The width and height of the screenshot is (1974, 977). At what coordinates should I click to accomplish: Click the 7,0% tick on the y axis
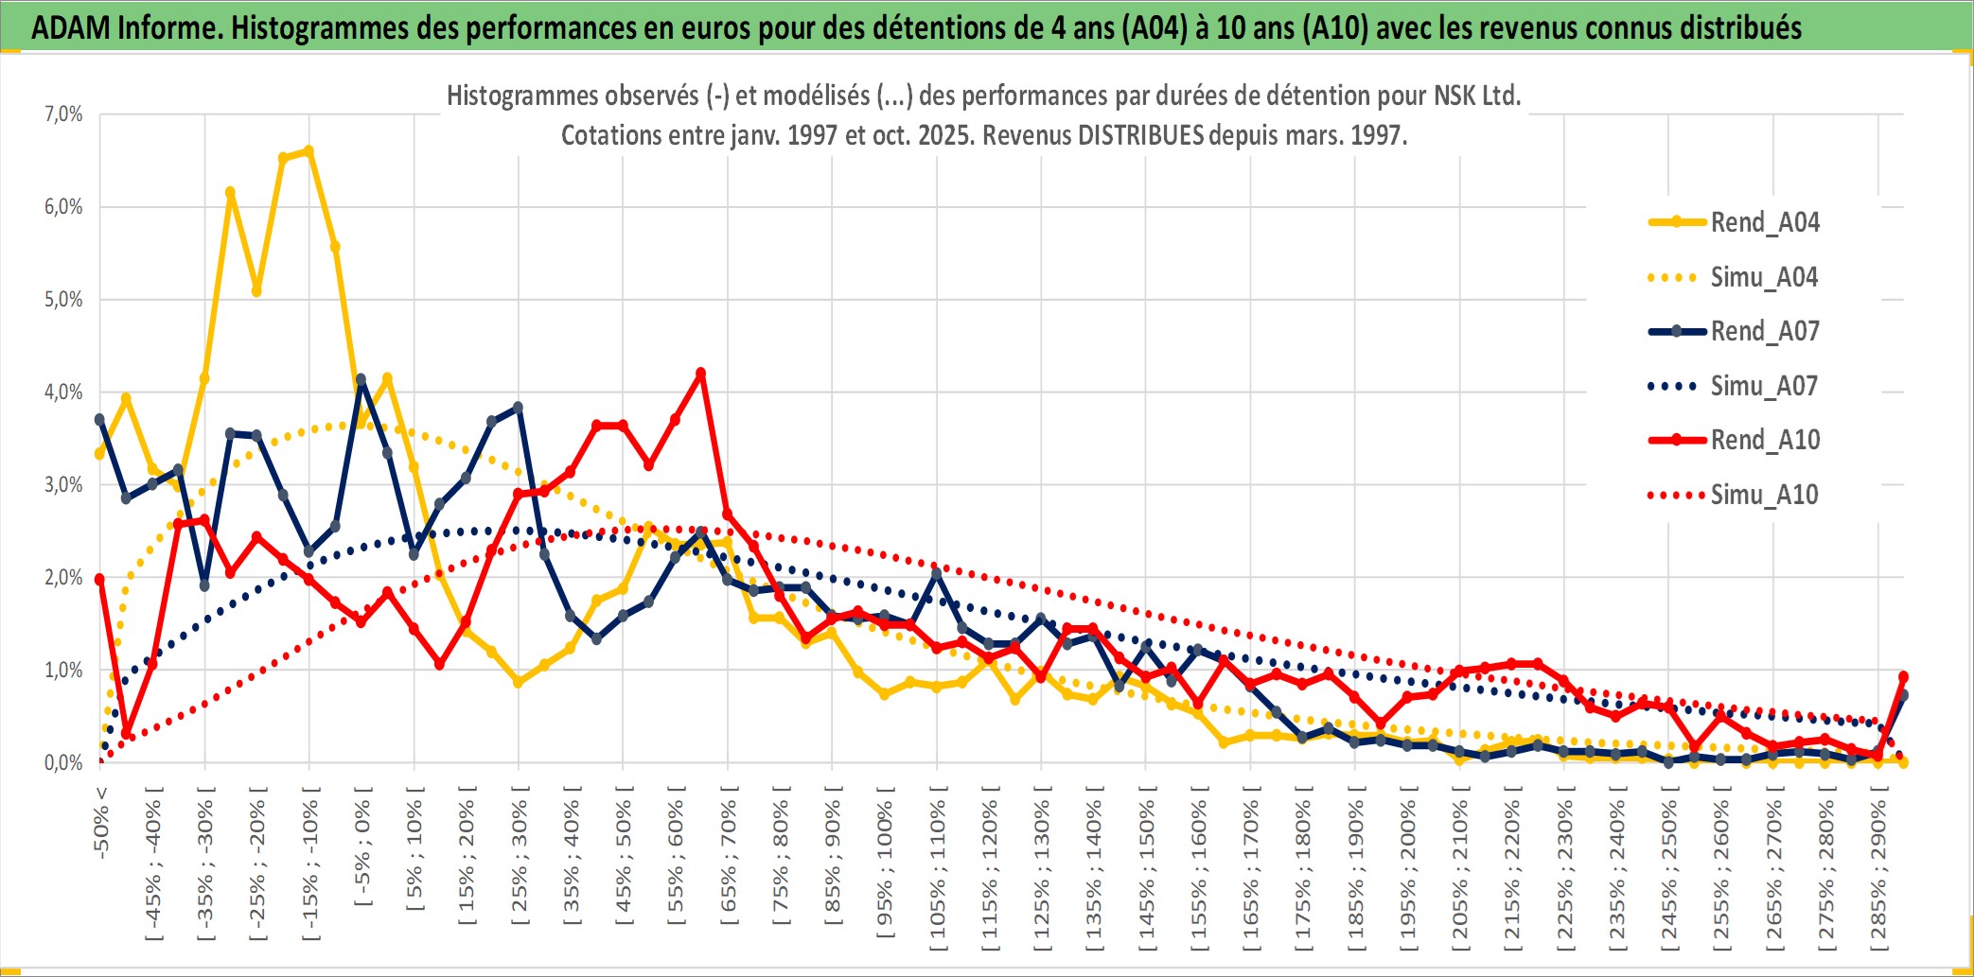point(63,114)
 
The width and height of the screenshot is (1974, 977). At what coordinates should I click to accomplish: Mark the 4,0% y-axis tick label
point(63,393)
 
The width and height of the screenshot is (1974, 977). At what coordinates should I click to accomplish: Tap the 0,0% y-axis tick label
point(63,763)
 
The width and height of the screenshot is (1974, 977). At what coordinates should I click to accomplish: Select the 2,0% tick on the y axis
point(63,578)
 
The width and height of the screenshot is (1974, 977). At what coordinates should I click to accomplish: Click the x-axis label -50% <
point(101,822)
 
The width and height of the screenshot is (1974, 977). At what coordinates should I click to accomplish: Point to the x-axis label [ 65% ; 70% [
point(729,862)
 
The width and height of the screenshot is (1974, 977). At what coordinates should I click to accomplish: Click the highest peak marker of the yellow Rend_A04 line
point(308,150)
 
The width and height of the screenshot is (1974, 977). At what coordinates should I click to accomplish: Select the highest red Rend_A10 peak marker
point(701,374)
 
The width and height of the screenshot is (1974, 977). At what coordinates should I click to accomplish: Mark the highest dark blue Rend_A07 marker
point(361,379)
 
